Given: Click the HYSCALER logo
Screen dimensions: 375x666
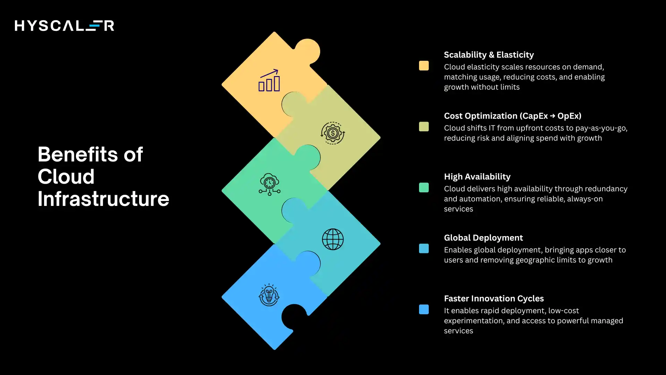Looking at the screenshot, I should pos(64,26).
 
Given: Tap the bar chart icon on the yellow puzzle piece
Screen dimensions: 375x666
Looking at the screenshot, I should pos(269,81).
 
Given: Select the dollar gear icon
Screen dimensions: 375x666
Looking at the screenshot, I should pos(333,133).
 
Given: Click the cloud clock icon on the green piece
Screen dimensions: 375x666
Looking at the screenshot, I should pos(270,184).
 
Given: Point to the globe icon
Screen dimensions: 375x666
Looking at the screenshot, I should pos(333,239).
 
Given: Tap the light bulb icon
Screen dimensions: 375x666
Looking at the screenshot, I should pos(269,295).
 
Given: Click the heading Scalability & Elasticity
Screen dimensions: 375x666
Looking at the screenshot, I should pos(489,55).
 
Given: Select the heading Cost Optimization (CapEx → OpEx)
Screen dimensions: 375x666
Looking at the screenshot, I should pos(512,116).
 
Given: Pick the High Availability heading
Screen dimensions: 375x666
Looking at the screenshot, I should pos(477,177).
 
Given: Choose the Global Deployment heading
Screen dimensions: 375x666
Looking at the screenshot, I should pos(483,238).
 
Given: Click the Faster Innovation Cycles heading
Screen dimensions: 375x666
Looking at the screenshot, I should pos(494,299).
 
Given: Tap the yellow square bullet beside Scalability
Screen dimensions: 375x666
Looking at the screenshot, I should pos(424,66).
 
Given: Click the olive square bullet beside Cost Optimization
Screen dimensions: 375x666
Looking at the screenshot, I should pos(424,127).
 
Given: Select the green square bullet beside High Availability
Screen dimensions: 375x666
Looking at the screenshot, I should pos(424,187).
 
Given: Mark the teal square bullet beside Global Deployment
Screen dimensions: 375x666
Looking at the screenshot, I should pos(424,249).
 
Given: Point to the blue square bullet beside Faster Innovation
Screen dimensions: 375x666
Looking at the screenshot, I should pos(424,309).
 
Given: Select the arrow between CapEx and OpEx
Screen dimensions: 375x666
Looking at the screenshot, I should pos(553,116).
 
